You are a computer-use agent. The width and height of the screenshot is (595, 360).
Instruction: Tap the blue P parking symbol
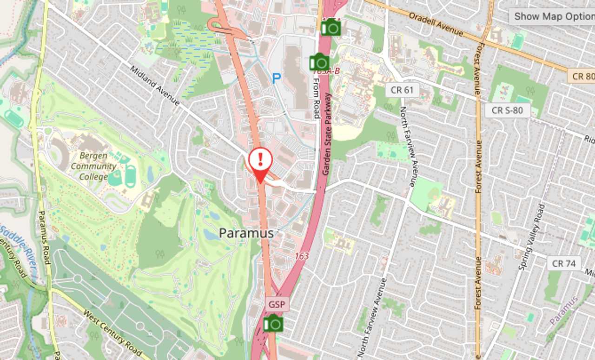[x=276, y=79]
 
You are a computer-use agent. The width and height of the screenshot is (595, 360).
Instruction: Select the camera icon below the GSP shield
[x=273, y=323]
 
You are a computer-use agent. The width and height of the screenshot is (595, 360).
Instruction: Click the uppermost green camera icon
[x=331, y=27]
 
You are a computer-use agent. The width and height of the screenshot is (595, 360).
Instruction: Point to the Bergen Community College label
[x=93, y=166]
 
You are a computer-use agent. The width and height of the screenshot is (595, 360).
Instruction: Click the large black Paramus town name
[x=246, y=233]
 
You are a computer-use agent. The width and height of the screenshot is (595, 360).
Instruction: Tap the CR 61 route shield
[x=402, y=90]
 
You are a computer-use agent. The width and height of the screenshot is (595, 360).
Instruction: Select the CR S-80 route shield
[x=508, y=110]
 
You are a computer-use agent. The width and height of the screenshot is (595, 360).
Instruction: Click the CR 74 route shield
[x=563, y=263]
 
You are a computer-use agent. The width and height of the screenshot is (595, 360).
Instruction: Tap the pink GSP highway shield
[x=278, y=304]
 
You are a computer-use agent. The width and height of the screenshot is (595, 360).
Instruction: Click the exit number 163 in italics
[x=301, y=256]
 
